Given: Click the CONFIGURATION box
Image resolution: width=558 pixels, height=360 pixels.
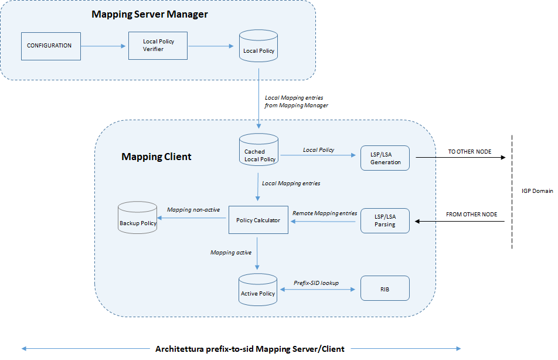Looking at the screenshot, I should [50, 46].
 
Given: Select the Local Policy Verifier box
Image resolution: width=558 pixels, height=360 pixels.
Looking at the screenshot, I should [158, 46].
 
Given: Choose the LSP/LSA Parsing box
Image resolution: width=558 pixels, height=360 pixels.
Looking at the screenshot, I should [385, 221].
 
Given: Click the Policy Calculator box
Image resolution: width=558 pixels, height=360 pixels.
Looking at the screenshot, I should [258, 220].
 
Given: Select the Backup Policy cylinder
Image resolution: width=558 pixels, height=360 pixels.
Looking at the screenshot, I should [138, 218].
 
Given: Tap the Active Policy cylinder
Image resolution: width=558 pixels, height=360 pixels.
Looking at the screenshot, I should [258, 289].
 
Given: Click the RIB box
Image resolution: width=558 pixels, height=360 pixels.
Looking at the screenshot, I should [385, 289].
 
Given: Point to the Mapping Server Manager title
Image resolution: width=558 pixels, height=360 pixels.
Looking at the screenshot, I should [149, 14].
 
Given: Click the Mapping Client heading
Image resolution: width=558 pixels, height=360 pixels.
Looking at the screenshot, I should [156, 157].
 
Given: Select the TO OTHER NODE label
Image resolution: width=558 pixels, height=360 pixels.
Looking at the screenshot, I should [469, 152].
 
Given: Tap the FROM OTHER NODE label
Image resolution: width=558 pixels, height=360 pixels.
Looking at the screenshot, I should [471, 215].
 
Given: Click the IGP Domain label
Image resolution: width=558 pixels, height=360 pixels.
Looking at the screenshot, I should [537, 191].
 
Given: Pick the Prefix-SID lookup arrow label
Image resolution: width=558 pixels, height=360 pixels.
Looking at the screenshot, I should [316, 283].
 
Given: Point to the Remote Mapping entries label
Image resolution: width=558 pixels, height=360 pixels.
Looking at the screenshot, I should [324, 213].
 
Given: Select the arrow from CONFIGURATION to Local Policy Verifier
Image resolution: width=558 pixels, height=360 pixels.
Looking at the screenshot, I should [104, 46].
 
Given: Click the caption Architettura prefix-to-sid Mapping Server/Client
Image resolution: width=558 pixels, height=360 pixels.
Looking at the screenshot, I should [250, 349].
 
